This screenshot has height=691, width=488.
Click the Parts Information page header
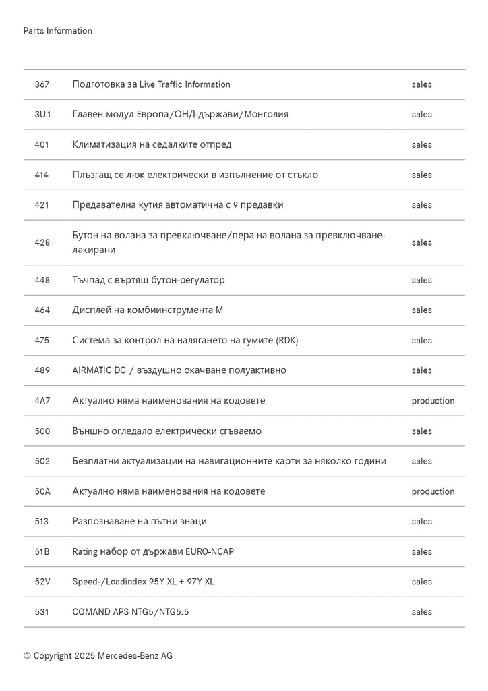click(x=57, y=31)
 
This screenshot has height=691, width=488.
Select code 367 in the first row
click(x=42, y=84)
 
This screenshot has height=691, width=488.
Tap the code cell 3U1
click(x=42, y=115)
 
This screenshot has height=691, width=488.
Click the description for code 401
click(x=152, y=144)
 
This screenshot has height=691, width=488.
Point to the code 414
click(x=42, y=175)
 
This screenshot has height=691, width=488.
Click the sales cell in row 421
click(x=421, y=205)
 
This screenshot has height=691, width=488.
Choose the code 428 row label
click(x=42, y=242)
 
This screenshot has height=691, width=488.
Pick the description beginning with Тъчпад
click(x=148, y=280)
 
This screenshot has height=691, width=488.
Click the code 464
click(x=42, y=310)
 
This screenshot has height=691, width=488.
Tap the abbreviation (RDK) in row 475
click(x=286, y=340)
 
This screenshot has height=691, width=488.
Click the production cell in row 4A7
click(x=433, y=401)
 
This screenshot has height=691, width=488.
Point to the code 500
click(x=42, y=431)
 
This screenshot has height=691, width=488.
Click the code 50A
click(x=42, y=491)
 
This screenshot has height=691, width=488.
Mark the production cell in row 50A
click(x=433, y=491)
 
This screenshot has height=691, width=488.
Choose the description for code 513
click(x=140, y=522)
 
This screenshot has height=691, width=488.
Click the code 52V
click(x=42, y=582)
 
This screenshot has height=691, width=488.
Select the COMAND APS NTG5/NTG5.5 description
click(x=131, y=612)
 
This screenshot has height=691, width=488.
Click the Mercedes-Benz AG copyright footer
click(x=98, y=655)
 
